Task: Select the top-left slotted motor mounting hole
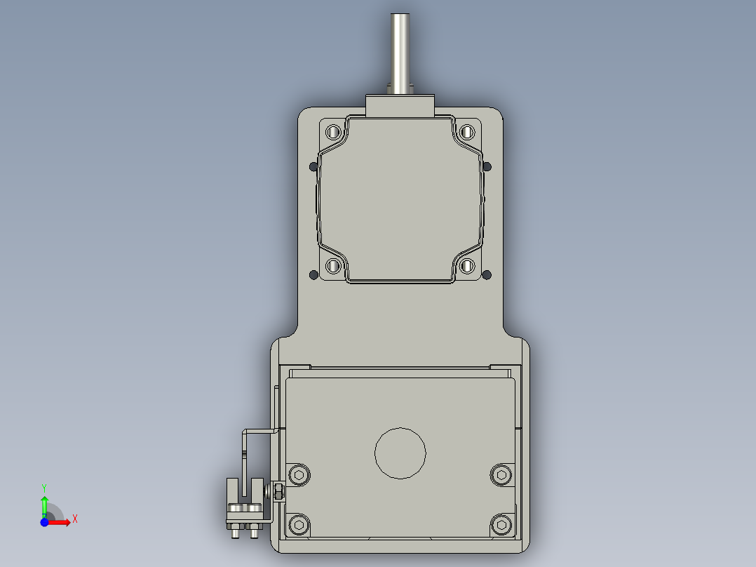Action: click(x=333, y=131)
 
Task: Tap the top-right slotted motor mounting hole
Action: click(x=467, y=131)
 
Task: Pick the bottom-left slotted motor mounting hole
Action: click(x=333, y=267)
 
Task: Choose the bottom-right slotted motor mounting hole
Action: click(x=467, y=267)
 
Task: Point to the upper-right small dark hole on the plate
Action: click(x=488, y=166)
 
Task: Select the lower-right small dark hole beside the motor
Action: click(x=488, y=274)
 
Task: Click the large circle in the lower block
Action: click(x=400, y=453)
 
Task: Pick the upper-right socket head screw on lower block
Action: click(x=501, y=475)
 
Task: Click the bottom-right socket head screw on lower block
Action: click(x=501, y=524)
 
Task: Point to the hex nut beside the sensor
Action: click(x=278, y=491)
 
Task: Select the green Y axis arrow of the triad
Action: click(x=44, y=502)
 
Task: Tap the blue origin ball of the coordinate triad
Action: click(x=44, y=523)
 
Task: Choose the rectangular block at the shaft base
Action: click(x=400, y=107)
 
